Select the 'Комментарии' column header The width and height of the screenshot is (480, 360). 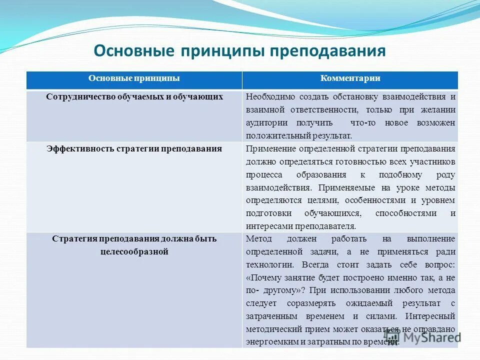coord(350,78)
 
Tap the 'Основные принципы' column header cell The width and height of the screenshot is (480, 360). coord(134,78)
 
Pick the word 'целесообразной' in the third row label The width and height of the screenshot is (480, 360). coord(134,251)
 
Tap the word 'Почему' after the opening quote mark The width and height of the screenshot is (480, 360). coord(265,277)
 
